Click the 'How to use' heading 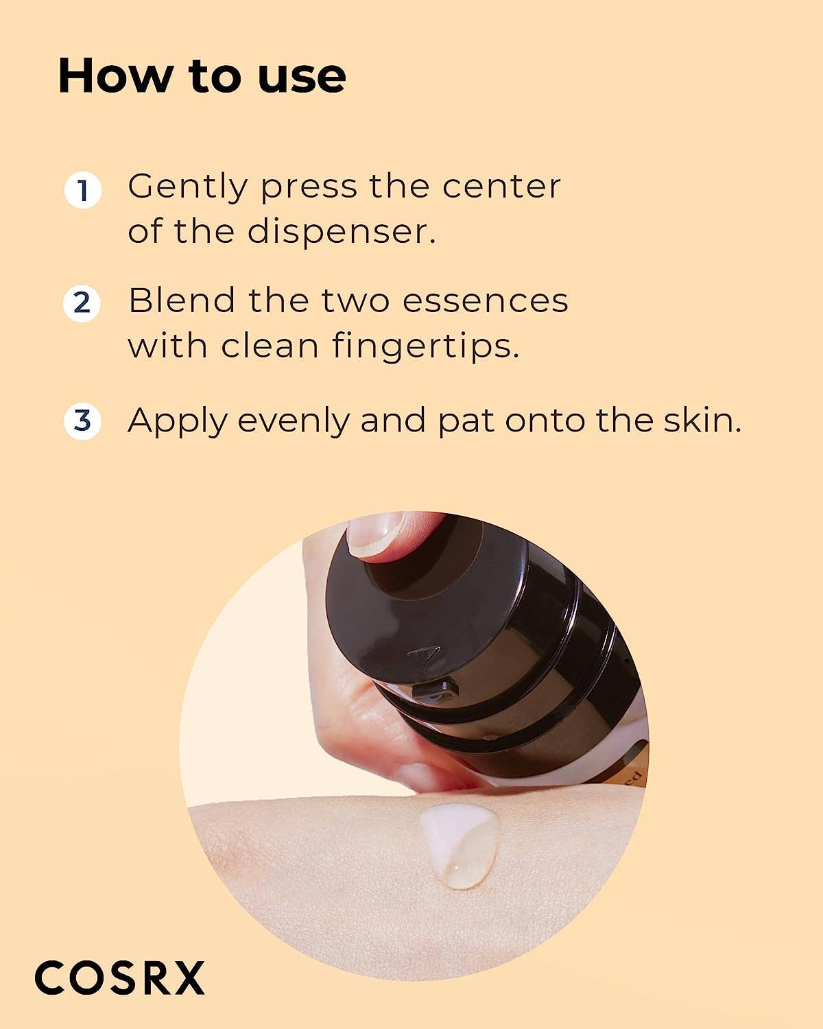click(202, 75)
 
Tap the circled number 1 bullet click(83, 190)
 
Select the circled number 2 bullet click(83, 303)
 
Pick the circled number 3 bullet click(83, 421)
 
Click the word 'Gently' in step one click(187, 187)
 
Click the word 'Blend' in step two click(182, 300)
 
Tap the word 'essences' click(485, 300)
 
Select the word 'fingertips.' click(426, 346)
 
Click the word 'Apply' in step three click(177, 421)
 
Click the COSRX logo click(120, 978)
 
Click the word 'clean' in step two click(270, 346)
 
